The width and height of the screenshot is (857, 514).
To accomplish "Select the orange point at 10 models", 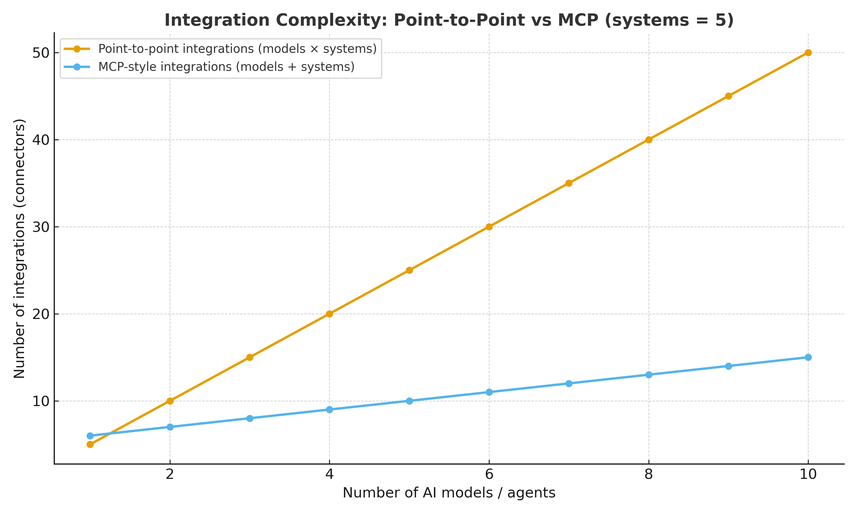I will coord(808,53).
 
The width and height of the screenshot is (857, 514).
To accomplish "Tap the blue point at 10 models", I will coord(808,358).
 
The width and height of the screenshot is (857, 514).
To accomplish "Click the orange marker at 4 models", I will coord(329,314).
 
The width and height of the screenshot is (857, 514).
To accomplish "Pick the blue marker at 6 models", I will coord(489,392).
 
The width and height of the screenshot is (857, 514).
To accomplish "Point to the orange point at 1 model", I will coord(90,444).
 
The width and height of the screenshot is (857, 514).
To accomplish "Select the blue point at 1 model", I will coord(90,436).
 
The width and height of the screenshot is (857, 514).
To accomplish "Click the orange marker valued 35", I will coord(569,183).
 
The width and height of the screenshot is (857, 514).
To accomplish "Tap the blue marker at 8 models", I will coord(649,375).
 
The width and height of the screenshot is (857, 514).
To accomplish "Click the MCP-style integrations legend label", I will coord(226,67).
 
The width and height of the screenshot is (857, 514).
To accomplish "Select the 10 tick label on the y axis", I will coord(41,401).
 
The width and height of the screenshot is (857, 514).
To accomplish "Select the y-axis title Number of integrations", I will coord(19,249).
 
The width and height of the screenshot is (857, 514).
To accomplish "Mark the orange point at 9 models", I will coord(728,96).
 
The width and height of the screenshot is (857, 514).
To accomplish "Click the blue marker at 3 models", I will coord(250,418).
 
